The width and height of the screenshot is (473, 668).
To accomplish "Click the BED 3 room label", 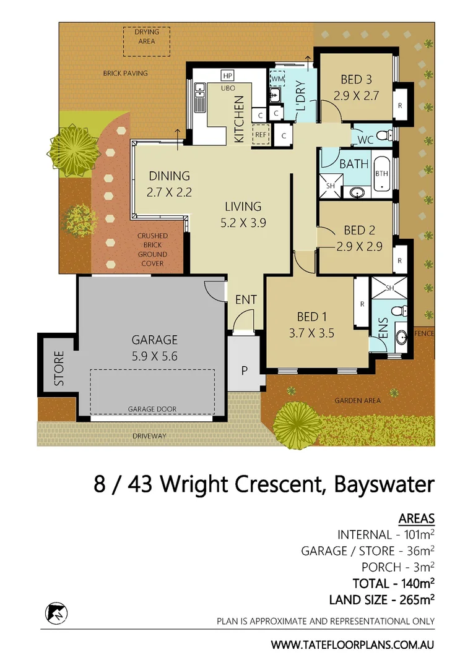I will coord(356,87).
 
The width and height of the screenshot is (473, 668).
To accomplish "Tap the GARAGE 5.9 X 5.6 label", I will coord(154,347).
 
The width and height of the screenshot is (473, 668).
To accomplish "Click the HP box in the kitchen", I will coord(227,75).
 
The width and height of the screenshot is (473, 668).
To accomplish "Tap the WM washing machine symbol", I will coord(277,79).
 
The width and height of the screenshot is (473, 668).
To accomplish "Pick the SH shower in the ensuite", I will coord(389,288).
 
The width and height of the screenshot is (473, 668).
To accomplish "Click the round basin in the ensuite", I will coord(400,338).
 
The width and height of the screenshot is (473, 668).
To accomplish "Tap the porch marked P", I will coord(245,371).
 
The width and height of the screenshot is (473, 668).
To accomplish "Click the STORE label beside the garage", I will coord(59,369).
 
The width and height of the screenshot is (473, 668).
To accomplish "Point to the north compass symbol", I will coord(56,613).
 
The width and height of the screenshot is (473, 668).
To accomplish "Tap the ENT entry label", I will coord(246,300).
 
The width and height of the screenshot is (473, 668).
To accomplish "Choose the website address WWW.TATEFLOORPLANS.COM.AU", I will coord(352,644).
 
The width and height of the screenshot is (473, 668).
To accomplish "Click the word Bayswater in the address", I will coord(384,484).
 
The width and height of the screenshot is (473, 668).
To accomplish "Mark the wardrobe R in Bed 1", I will coord(361,304).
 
